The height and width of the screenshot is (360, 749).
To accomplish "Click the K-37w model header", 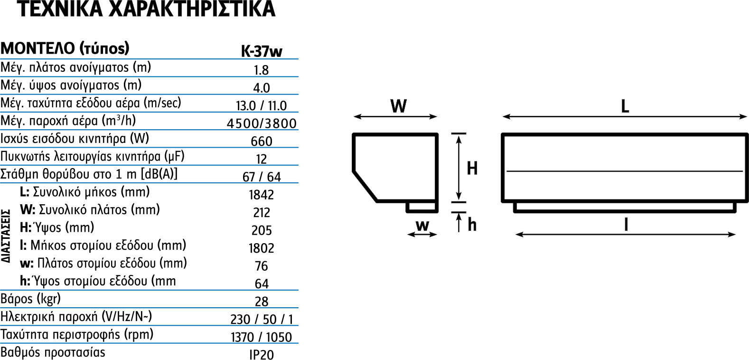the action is [x=262, y=51].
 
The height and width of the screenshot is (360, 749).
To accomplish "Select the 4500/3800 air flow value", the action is [x=262, y=123].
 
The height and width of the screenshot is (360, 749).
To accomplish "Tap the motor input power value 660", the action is [x=262, y=141].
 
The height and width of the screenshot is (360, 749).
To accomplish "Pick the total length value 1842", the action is [x=262, y=195].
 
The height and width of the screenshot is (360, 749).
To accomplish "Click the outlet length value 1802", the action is [x=262, y=248].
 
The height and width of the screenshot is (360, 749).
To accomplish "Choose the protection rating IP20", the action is [x=262, y=355].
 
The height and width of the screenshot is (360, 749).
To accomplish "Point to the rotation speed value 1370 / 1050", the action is [x=262, y=337].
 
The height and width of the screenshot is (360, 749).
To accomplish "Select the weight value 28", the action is [x=262, y=302].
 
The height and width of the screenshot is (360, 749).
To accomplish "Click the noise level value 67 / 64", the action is [x=262, y=177].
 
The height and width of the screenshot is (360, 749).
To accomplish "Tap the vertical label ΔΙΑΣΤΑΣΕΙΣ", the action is [x=6, y=236].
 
